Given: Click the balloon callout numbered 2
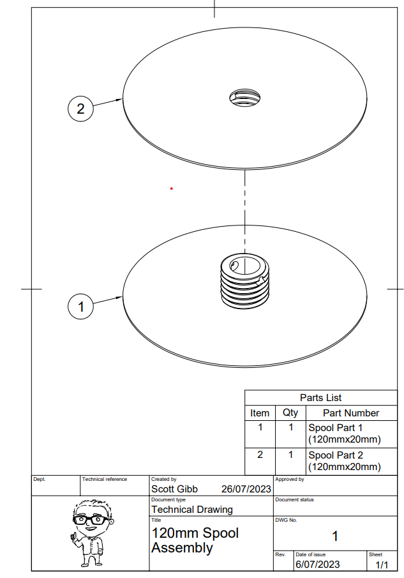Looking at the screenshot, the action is pos(80,109).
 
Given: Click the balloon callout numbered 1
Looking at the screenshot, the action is pos(80,307).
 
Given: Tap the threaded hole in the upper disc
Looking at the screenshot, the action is pos(244,98).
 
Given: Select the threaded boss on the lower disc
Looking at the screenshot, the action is pos(245,281).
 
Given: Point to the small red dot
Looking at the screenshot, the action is pos(171,189).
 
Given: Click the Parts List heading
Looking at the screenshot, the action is pos(320,398).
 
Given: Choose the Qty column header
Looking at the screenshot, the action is pos(290,413).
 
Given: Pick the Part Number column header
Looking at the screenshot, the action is pos(351,413).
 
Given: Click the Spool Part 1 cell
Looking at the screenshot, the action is pos(345,434).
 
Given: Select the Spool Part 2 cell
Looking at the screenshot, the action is pos(345,460).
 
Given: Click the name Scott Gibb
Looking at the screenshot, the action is pos(175,489).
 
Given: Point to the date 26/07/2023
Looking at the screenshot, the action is pos(246,489).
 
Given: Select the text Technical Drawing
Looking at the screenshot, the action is pos(192,510).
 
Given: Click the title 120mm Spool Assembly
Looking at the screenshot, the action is pos(195,540).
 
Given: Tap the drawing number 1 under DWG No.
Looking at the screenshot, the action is pos(335,536).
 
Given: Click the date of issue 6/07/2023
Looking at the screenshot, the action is pos(317,565).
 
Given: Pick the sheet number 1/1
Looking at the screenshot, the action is pos(382,565).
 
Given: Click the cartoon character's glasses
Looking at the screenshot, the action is pos(91,520).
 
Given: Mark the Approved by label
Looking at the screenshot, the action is pos(290,479).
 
